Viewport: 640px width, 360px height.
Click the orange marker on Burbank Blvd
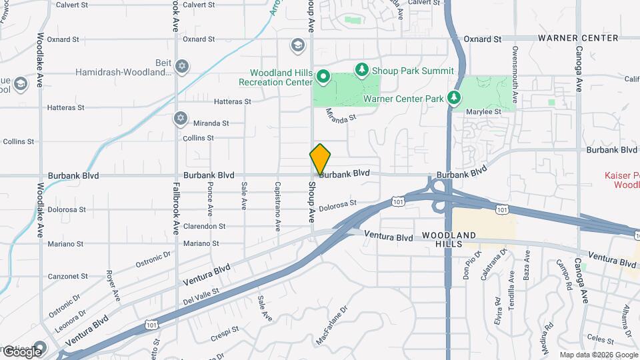point(320,159)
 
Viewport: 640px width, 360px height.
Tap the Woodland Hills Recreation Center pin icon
point(323,76)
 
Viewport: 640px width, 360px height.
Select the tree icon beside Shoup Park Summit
point(361,69)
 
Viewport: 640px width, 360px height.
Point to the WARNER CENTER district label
point(587,38)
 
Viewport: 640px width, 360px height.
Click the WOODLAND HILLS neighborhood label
point(449,240)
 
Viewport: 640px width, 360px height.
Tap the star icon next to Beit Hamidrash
point(182,67)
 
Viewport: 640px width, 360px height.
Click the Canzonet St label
point(67,276)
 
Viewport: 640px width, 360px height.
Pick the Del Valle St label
point(202,293)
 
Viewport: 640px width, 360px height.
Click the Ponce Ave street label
point(210,198)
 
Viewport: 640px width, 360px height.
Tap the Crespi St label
point(225,331)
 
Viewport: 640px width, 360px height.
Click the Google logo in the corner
point(23,351)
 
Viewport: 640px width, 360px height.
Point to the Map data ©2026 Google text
point(599,355)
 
